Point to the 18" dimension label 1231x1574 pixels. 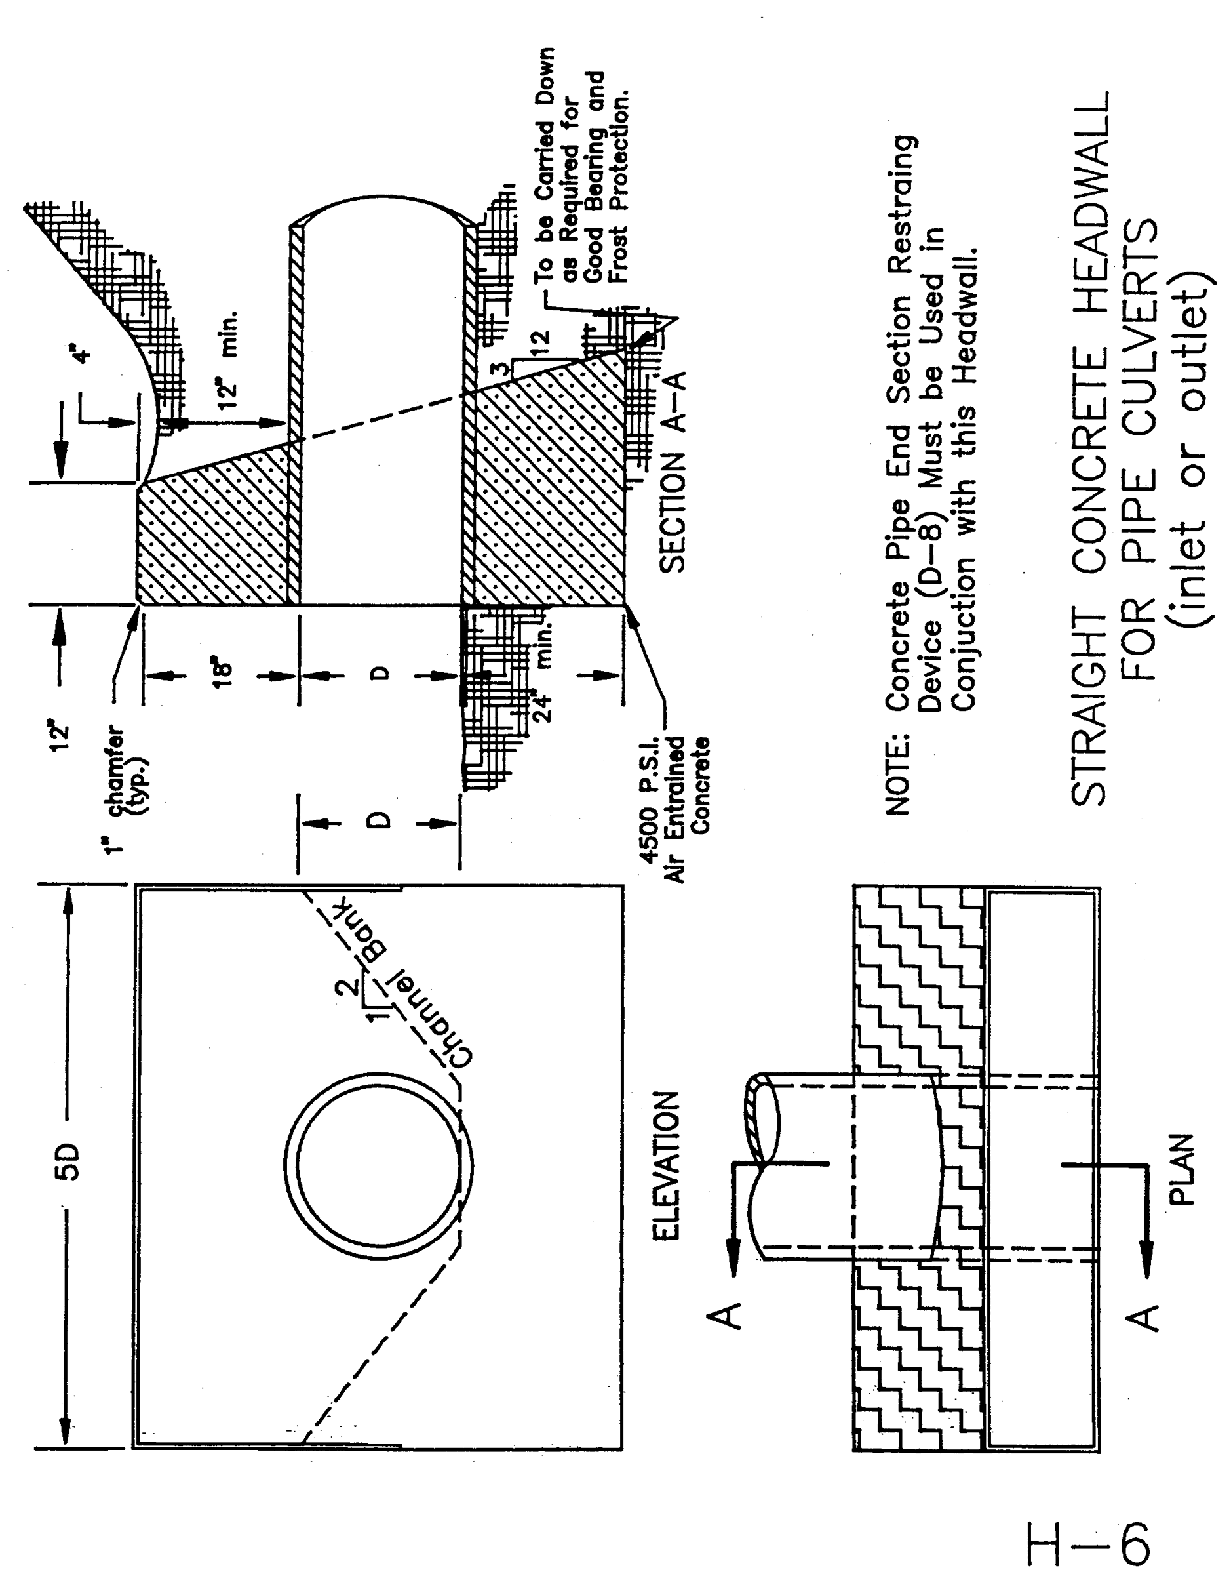pyautogui.click(x=224, y=675)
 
